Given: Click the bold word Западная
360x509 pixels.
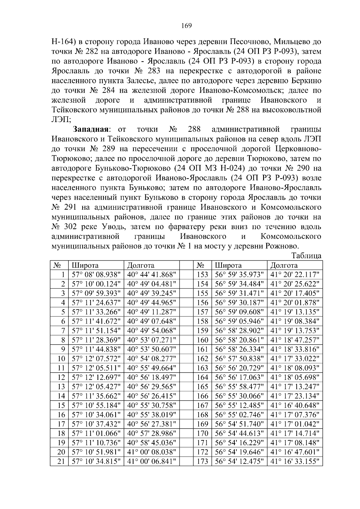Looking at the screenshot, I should (x=90, y=129).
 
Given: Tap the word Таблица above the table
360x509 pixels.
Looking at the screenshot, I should (x=307, y=256).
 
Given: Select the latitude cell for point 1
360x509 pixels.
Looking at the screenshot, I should (x=96, y=274).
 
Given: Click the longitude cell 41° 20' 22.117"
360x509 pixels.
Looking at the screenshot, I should (x=295, y=274).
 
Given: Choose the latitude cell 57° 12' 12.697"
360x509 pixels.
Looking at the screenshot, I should (x=96, y=377).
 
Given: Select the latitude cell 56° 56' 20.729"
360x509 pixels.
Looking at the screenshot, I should (x=239, y=368).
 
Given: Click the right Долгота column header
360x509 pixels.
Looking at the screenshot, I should (x=284, y=265).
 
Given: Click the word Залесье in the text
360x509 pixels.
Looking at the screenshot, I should (x=141, y=81).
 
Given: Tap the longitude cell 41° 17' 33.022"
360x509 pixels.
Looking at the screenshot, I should (x=295, y=358).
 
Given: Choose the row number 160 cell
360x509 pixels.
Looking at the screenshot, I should (x=202, y=340).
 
